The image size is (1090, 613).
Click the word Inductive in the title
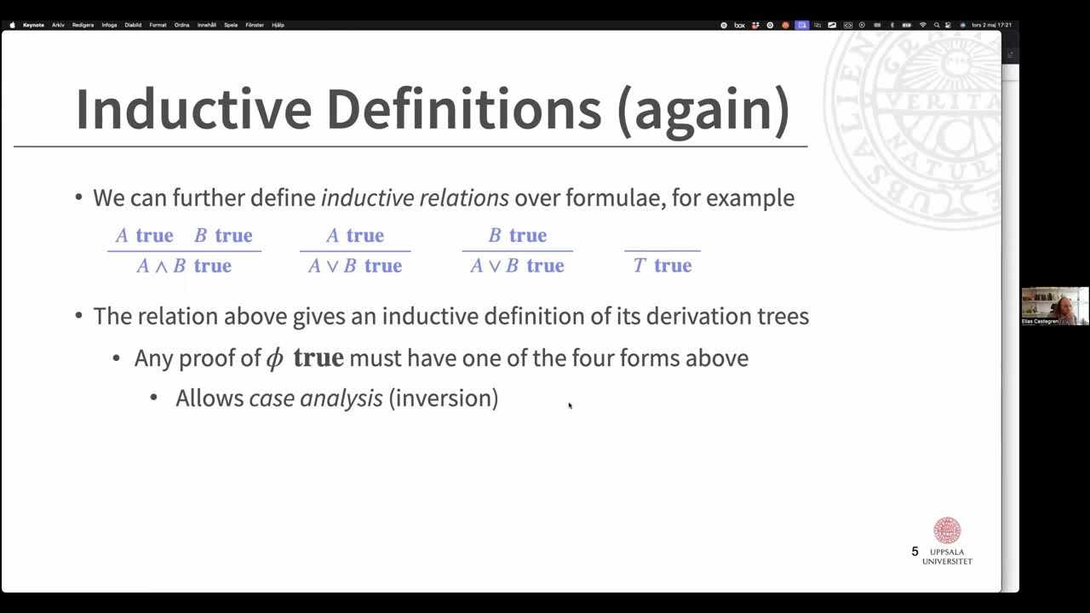[x=193, y=109]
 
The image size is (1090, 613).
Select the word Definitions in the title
[x=464, y=109]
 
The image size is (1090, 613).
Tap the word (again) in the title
[x=703, y=109]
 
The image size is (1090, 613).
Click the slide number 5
[x=915, y=552]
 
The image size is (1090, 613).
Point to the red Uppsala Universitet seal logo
[x=947, y=531]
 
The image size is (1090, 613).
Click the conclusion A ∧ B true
[x=184, y=266]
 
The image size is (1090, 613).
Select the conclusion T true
[x=662, y=266]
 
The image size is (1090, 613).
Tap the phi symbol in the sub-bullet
[x=274, y=358]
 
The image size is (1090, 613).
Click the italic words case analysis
[x=316, y=398]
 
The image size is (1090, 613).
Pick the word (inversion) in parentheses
[x=443, y=398]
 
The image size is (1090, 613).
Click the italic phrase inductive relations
[x=415, y=198]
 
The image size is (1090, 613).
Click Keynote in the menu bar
[x=33, y=25]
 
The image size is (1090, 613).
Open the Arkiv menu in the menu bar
[x=58, y=25]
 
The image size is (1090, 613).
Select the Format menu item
[x=158, y=25]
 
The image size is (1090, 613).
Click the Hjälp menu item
[x=278, y=25]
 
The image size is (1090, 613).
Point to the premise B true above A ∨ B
[x=517, y=235]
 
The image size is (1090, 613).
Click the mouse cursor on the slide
[x=570, y=405]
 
